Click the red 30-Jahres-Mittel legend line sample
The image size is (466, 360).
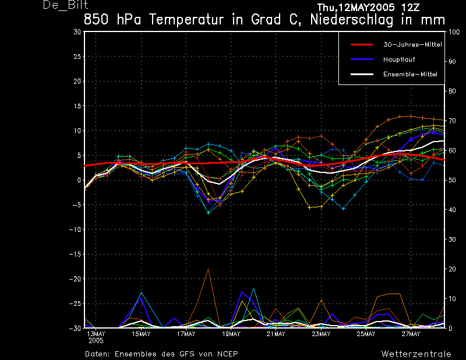click(362, 45)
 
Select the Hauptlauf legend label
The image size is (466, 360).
click(399, 59)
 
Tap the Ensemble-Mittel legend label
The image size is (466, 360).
click(410, 75)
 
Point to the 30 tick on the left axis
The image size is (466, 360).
click(77, 32)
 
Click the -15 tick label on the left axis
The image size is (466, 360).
click(75, 254)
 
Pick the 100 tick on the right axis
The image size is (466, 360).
click(454, 32)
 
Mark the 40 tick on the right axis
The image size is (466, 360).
click(452, 210)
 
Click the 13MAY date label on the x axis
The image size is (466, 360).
click(96, 334)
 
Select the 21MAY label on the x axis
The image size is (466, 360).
click(276, 334)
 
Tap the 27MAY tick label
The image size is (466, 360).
click(411, 334)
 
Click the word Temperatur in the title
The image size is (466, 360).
click(186, 20)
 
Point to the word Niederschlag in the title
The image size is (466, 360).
click(352, 20)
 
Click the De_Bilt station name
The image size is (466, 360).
click(66, 5)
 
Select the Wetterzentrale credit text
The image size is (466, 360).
click(416, 354)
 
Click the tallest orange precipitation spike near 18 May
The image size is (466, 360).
click(208, 269)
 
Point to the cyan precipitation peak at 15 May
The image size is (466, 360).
click(141, 292)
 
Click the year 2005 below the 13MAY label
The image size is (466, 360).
click(96, 341)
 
